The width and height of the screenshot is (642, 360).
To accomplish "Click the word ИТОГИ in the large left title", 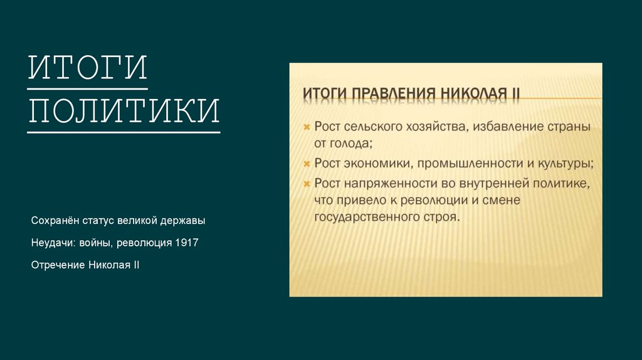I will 88,67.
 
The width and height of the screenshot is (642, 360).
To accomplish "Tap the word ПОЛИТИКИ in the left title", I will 124,111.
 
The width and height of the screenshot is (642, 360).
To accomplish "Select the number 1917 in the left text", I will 187,243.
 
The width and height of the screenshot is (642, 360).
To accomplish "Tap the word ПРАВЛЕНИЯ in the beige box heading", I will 393,94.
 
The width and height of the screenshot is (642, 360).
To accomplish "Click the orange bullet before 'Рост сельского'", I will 307,127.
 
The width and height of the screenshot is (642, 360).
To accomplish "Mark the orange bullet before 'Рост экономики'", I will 307,164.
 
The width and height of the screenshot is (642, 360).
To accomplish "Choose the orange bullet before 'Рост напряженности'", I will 307,184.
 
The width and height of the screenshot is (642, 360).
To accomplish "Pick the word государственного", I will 366,217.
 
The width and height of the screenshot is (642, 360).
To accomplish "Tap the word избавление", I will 510,127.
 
